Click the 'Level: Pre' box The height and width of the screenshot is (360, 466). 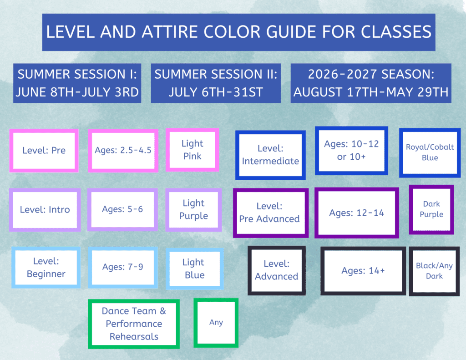pos(44,151)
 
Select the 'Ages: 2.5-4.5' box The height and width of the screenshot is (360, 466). pos(123,151)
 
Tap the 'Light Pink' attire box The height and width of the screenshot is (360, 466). pos(192,150)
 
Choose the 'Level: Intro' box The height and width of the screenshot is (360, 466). pos(45,209)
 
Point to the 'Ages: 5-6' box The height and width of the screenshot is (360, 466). pos(122,209)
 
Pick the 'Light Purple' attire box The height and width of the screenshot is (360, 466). pos(193,209)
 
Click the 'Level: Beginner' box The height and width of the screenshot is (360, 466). pos(46,268)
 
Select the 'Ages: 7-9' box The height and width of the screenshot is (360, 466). pos(123,267)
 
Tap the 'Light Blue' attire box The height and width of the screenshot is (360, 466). pos(195,269)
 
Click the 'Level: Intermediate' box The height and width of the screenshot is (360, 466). pos(270,155)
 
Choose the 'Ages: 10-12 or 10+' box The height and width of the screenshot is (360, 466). pos(352,151)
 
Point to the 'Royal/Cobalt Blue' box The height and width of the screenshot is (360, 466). pos(430,153)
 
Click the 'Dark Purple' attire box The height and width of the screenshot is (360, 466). pos(431,209)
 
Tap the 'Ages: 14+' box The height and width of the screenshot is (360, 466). pos(363,271)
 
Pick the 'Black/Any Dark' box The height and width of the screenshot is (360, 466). pos(434,271)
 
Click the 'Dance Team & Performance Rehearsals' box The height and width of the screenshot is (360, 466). pos(134,324)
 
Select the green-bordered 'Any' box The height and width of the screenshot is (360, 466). pos(216,323)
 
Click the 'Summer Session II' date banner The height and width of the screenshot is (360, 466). pos(216,83)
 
